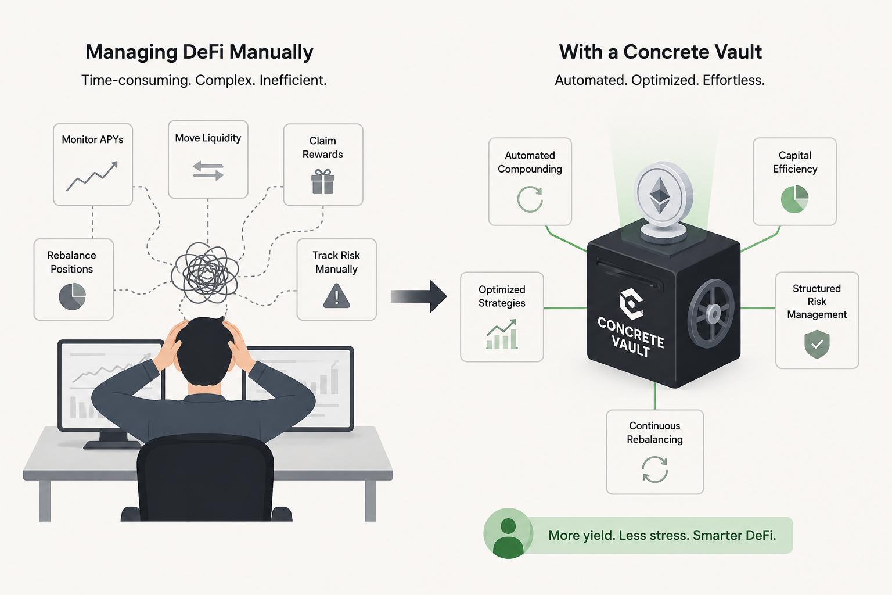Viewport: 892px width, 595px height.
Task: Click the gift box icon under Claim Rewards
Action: pos(323,181)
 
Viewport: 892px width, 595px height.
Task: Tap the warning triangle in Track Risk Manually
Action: pos(336,296)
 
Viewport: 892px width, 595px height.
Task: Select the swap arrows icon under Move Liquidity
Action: pos(208,171)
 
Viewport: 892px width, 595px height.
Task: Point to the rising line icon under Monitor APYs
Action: pos(92,175)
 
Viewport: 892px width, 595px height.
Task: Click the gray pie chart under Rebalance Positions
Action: pos(73,296)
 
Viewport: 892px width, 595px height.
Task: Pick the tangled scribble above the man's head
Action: pos(205,274)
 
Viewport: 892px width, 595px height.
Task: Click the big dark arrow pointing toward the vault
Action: pos(419,296)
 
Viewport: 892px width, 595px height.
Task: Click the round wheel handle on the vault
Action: pos(711,314)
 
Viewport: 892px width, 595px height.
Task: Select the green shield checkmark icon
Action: pos(817,344)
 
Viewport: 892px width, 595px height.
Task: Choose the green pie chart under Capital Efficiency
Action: pos(795,199)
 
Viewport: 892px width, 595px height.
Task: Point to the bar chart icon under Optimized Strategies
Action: pos(502,334)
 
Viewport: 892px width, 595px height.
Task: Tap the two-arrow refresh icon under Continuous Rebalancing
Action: pos(654,469)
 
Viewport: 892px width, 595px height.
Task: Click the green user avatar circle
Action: pos(508,533)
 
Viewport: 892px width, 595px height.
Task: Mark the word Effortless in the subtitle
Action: pos(733,80)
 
